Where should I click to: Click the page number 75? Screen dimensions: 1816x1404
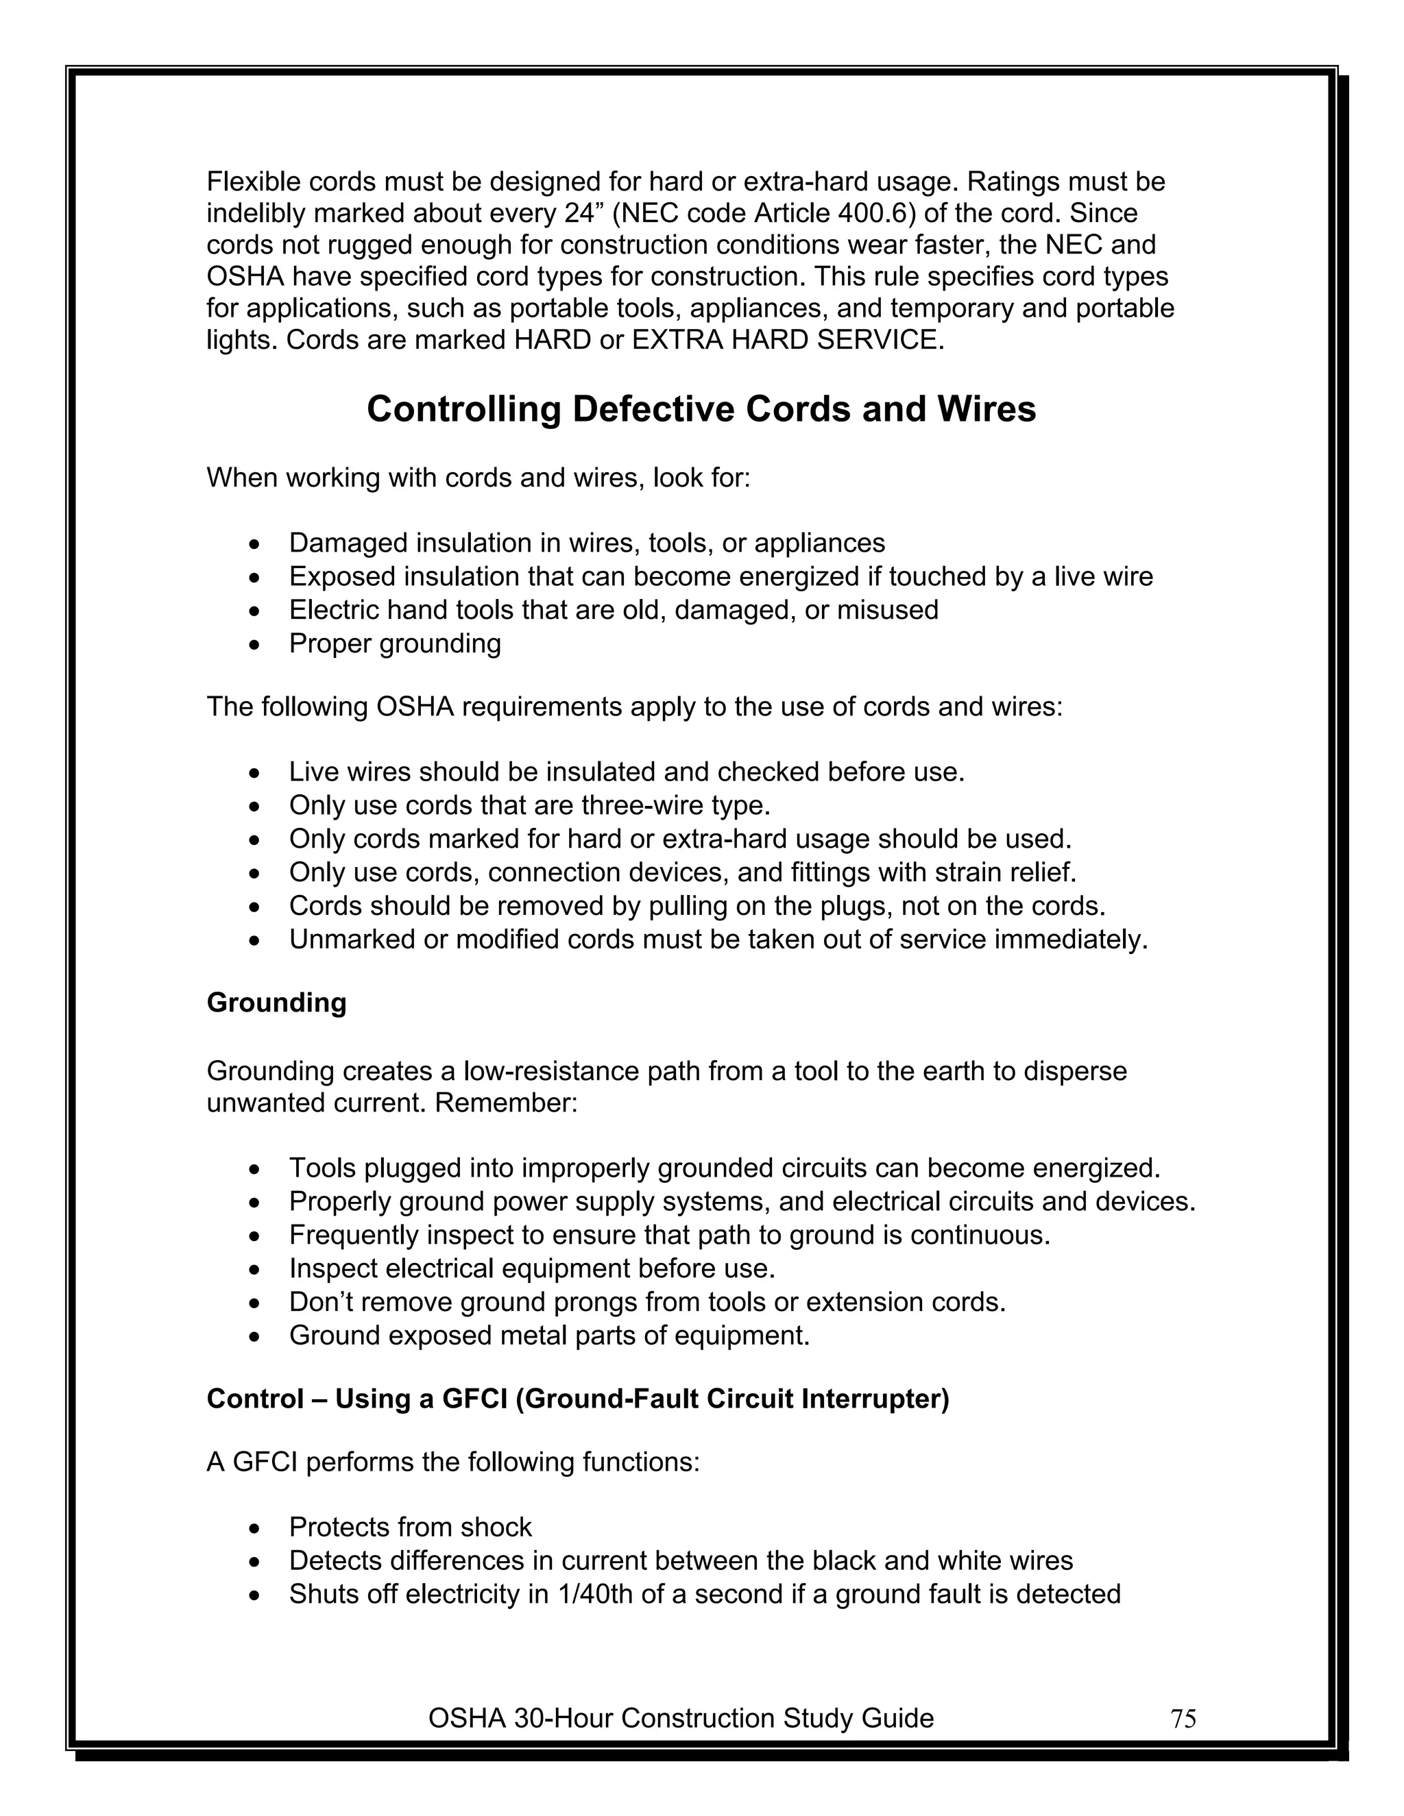coord(1183,1719)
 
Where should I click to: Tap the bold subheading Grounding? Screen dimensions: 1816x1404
coord(276,1003)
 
